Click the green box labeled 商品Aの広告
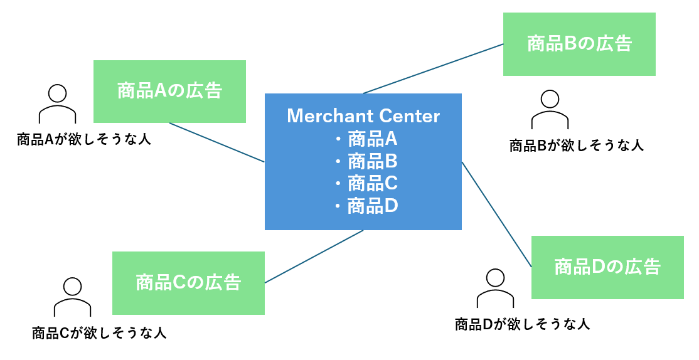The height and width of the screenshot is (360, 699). [x=169, y=91]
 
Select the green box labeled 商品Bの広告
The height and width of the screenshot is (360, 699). [x=579, y=44]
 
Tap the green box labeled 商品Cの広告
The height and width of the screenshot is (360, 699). [x=188, y=283]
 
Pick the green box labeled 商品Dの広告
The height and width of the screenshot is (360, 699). [x=607, y=267]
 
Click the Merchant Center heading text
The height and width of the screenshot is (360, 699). [x=363, y=116]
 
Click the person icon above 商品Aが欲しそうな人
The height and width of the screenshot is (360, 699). [x=57, y=104]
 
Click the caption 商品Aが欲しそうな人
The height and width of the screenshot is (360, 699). [x=84, y=139]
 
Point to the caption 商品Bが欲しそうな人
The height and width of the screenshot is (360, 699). [x=576, y=146]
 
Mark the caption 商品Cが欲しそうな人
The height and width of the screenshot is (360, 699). [x=99, y=332]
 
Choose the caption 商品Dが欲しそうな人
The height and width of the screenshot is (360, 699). [x=522, y=324]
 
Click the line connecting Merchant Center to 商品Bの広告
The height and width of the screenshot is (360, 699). [x=433, y=68]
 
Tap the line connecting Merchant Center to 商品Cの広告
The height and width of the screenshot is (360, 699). [x=314, y=257]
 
